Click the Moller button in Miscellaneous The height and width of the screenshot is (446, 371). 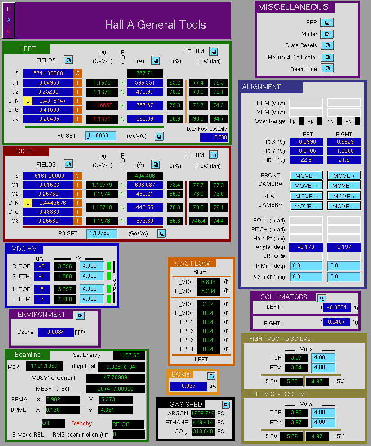click(x=327, y=34)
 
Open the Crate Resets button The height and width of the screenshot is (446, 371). click(x=327, y=45)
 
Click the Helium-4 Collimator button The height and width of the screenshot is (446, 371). click(x=327, y=57)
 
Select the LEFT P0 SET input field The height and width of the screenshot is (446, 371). click(x=101, y=135)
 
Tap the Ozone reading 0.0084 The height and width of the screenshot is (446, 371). click(x=56, y=332)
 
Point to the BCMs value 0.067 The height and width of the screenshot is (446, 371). click(x=188, y=386)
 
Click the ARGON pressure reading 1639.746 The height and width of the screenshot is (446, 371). click(x=203, y=413)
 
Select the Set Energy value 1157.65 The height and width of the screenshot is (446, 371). click(x=129, y=355)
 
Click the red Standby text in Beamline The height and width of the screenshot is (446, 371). click(x=81, y=423)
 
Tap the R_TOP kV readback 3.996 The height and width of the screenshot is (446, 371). click(x=65, y=266)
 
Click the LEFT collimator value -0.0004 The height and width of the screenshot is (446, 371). click(x=337, y=307)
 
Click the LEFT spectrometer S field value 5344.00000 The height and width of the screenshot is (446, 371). click(x=48, y=73)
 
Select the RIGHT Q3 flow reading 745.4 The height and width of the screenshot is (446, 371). click(x=198, y=221)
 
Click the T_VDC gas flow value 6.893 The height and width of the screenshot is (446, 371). click(x=208, y=282)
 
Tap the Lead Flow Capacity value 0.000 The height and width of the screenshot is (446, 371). click(x=214, y=137)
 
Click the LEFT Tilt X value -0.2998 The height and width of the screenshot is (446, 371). click(x=306, y=142)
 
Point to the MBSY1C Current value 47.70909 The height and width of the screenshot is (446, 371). click(x=116, y=378)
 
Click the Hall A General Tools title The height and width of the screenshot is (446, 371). click(x=155, y=25)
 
